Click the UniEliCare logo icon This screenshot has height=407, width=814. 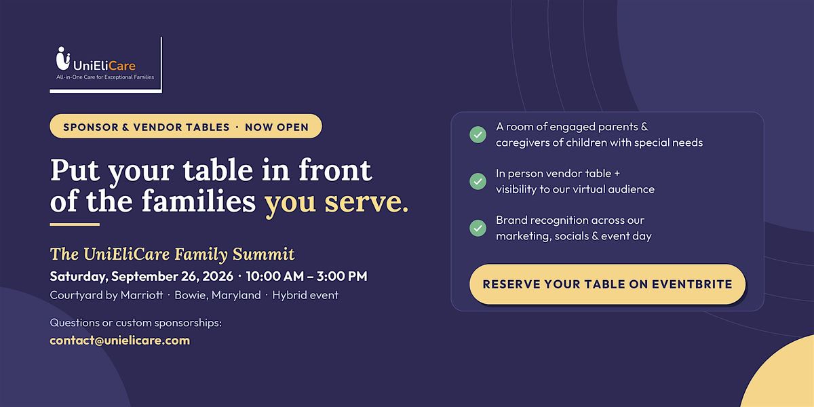pyautogui.click(x=63, y=58)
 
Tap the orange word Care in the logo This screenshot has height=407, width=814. pyautogui.click(x=121, y=66)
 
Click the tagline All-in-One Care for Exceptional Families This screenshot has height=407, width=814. pyautogui.click(x=105, y=77)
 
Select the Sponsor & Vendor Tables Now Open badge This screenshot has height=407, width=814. pyautogui.click(x=186, y=126)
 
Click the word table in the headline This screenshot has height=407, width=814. pyautogui.click(x=218, y=170)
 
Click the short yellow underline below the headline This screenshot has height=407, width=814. pyautogui.click(x=75, y=225)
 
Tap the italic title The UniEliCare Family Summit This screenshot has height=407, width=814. pyautogui.click(x=172, y=254)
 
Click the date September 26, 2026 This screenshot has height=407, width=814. pyautogui.click(x=172, y=276)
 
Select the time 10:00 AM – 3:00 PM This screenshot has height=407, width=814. pyautogui.click(x=307, y=276)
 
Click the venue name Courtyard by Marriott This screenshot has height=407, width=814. pyautogui.click(x=106, y=295)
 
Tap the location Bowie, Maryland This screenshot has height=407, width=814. pyautogui.click(x=218, y=295)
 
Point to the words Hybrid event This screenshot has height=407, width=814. pyautogui.click(x=305, y=295)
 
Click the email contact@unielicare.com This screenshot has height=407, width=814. pyautogui.click(x=120, y=341)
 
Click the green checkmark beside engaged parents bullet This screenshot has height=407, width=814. pyautogui.click(x=478, y=134)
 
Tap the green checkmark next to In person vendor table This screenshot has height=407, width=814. pyautogui.click(x=478, y=181)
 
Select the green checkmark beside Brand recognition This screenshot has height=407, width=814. pyautogui.click(x=478, y=228)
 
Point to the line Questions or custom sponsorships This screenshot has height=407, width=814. pyautogui.click(x=136, y=323)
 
